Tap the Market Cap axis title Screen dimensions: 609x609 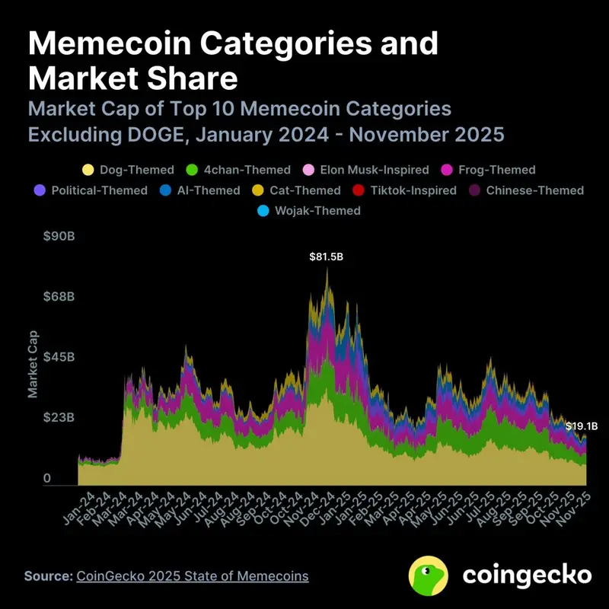[33, 365]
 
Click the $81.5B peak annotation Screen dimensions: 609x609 [326, 257]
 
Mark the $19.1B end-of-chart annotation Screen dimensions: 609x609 [581, 426]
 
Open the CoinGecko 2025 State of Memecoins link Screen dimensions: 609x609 [193, 576]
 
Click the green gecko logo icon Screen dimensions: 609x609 [429, 575]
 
